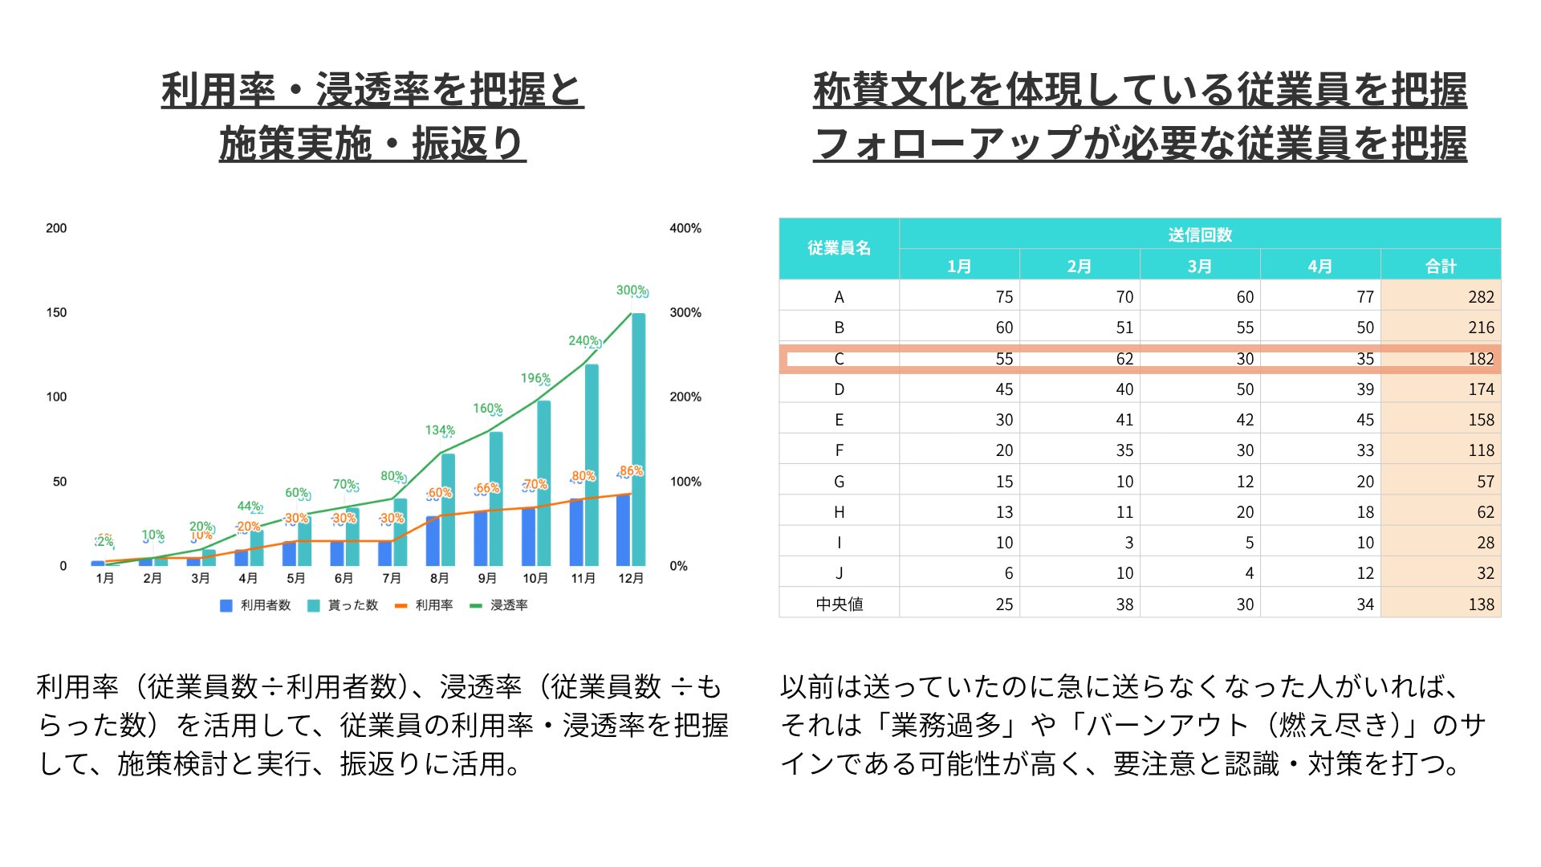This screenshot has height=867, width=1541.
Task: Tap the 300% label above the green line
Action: pos(631,291)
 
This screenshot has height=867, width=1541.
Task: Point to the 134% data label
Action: pos(439,431)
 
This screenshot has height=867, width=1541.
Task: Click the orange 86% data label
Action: pos(631,471)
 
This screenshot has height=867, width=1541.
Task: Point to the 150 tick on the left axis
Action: pos(56,312)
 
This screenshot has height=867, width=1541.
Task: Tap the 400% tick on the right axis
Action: pos(685,228)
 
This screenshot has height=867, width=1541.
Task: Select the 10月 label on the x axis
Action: pos(535,579)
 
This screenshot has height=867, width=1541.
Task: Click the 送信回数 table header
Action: pos(1199,234)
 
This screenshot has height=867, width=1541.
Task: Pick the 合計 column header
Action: pos(1440,266)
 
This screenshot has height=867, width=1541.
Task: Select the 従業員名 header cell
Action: pos(839,248)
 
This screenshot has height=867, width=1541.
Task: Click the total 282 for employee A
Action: pos(1480,297)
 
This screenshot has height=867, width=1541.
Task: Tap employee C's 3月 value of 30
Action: pos(1244,359)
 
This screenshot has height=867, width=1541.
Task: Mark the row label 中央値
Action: pos(839,604)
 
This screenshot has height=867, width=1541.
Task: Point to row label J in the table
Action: pos(839,573)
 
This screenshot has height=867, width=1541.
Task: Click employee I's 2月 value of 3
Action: pos(1128,543)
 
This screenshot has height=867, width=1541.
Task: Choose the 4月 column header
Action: pos(1319,266)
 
